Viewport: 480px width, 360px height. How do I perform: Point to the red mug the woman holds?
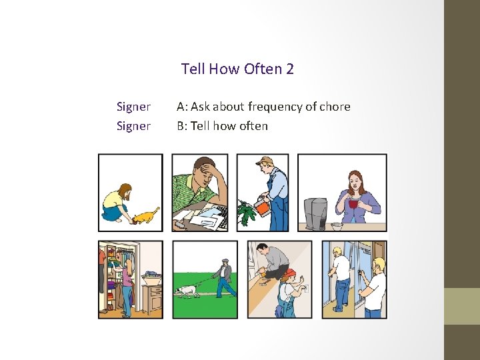(x=353, y=203)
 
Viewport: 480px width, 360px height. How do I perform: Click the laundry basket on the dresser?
(x=150, y=275)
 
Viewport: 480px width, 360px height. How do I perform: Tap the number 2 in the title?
(x=289, y=69)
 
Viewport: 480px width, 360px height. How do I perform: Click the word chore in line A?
(x=335, y=107)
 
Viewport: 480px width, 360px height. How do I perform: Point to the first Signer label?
(x=133, y=107)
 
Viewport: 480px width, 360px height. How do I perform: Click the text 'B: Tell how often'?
(x=222, y=126)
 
